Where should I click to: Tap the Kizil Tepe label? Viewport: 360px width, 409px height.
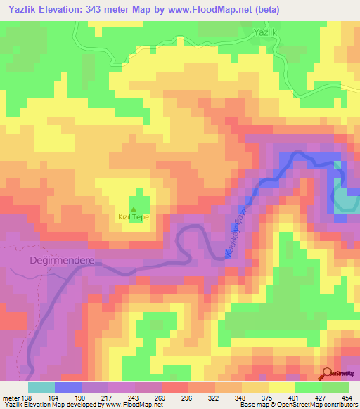133,217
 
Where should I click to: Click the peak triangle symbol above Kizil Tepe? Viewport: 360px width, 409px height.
134,209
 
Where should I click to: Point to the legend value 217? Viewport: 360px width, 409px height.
106,398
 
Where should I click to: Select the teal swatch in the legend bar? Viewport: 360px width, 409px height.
41,387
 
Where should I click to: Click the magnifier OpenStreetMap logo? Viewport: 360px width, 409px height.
328,374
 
